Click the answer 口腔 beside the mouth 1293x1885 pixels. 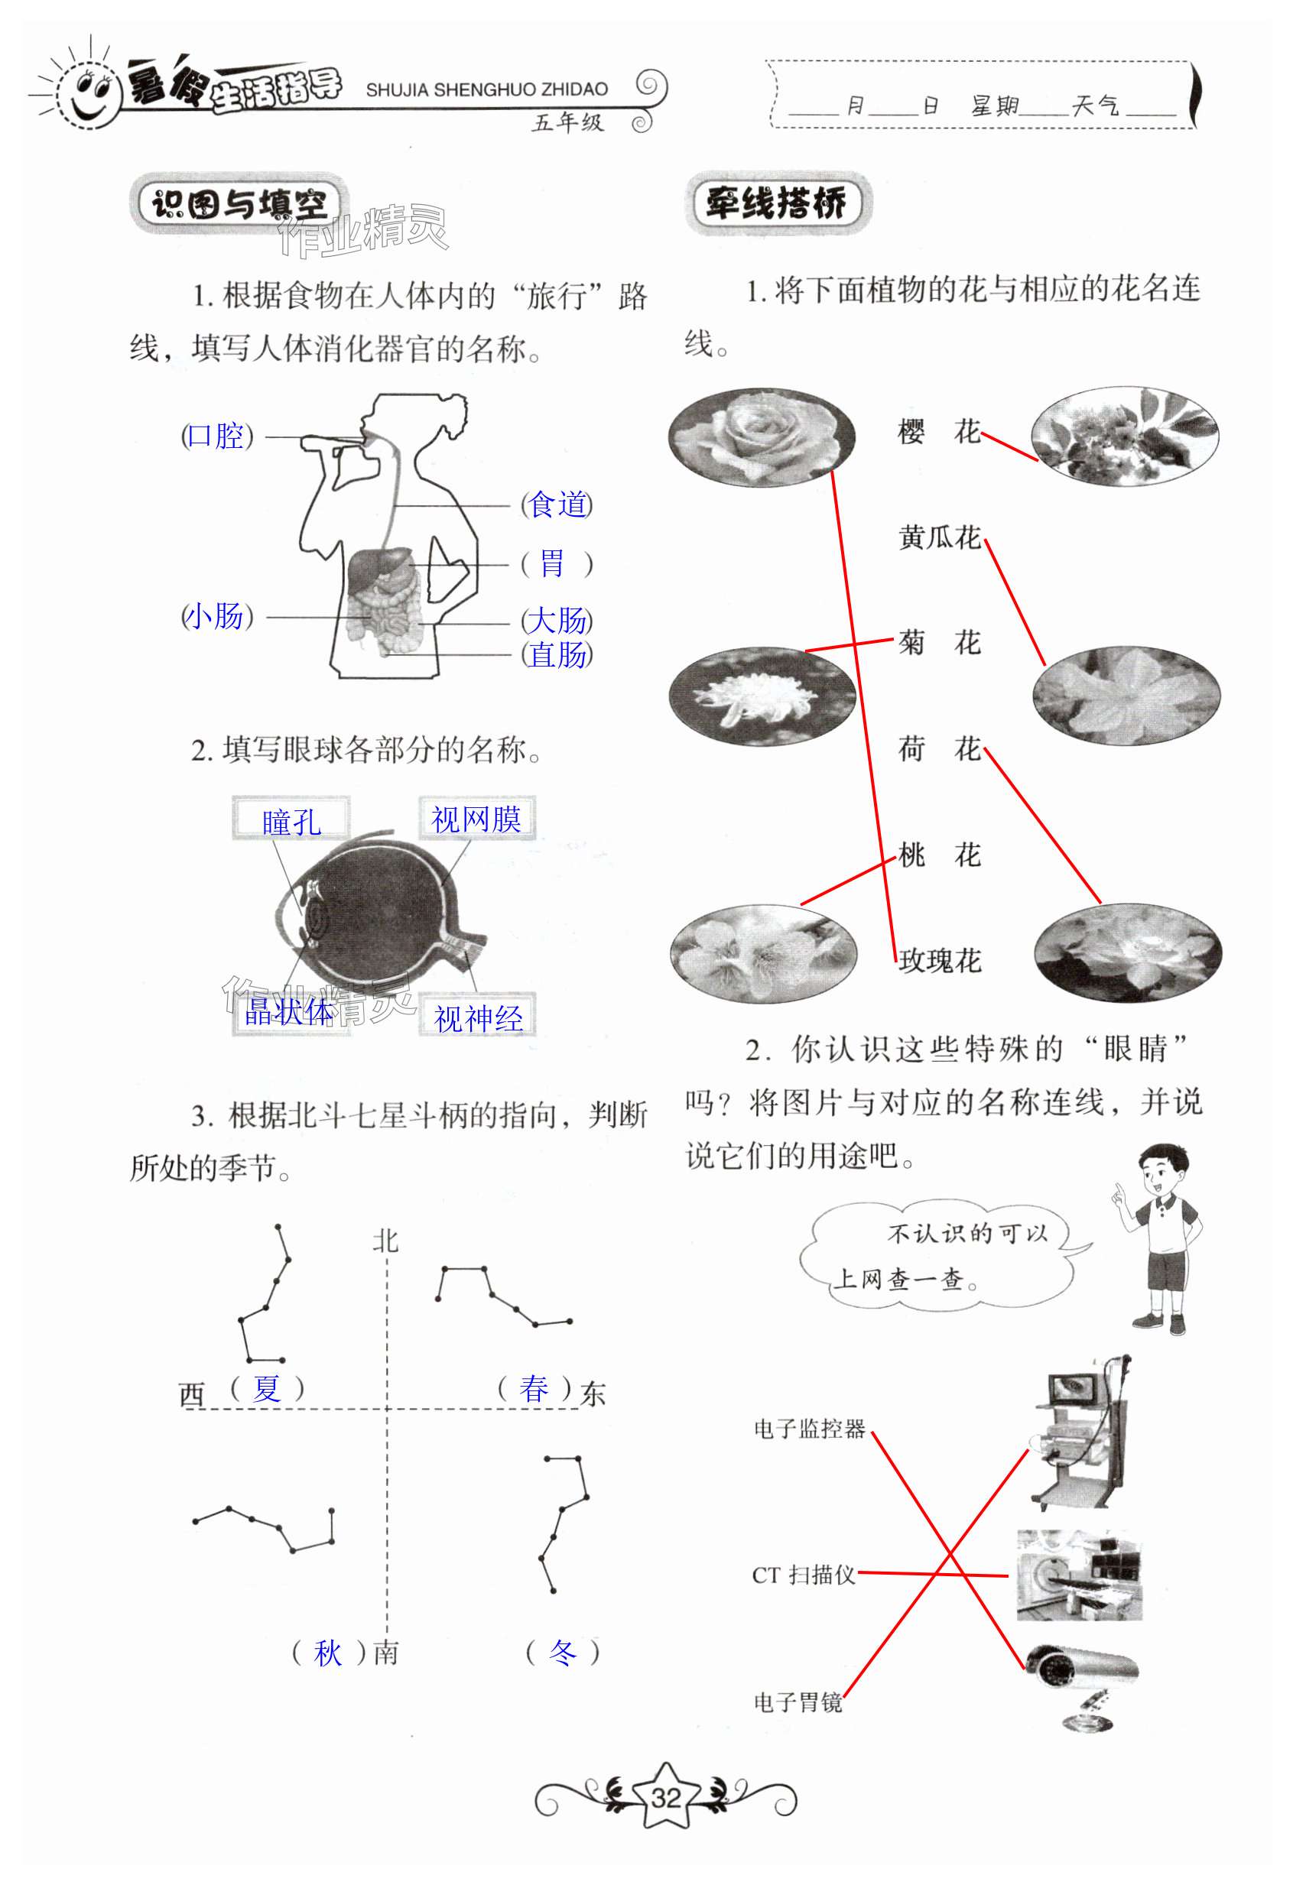click(x=216, y=436)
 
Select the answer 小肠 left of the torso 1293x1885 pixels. click(x=216, y=616)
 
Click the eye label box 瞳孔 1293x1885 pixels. click(x=291, y=821)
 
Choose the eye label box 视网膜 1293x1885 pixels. click(x=476, y=819)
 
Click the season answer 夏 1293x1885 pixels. click(x=267, y=1389)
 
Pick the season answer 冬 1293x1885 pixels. click(x=562, y=1652)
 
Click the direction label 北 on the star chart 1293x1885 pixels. click(x=385, y=1241)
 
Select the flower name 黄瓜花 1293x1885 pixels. click(x=939, y=537)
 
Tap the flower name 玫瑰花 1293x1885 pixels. click(x=939, y=961)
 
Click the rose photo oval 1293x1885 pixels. click(x=761, y=438)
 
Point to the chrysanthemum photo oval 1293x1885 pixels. click(x=762, y=696)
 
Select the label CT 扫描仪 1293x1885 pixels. click(x=803, y=1575)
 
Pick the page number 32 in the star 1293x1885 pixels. click(x=666, y=1798)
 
